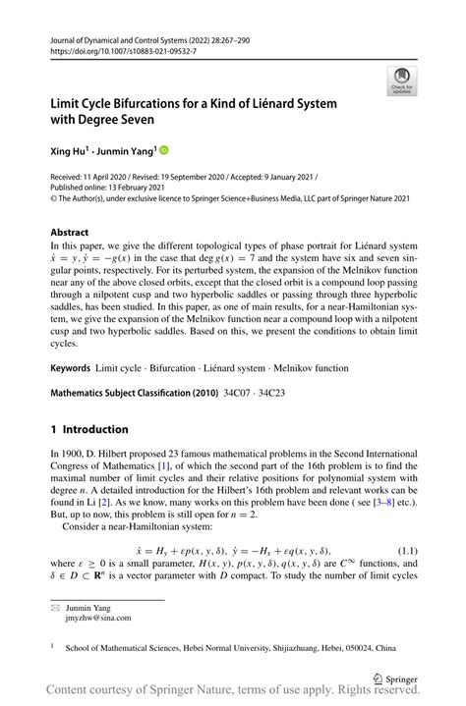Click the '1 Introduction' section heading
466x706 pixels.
click(x=89, y=429)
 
